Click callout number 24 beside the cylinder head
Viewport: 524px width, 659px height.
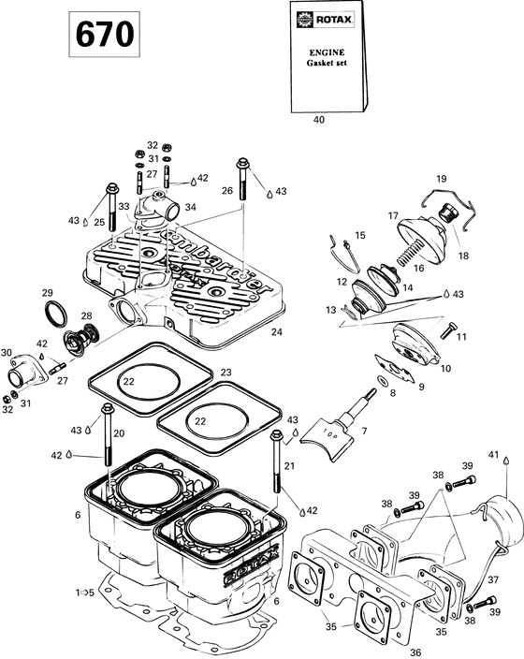275,331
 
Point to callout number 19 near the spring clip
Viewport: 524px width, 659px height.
441,178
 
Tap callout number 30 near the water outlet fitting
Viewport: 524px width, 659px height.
8,353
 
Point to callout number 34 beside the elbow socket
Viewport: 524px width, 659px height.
191,207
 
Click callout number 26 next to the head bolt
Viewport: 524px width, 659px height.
226,190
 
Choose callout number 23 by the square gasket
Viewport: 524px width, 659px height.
225,373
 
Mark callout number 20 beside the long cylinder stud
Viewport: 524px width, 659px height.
119,433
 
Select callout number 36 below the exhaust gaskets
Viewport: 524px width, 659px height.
416,651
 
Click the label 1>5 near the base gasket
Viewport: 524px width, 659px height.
84,593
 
